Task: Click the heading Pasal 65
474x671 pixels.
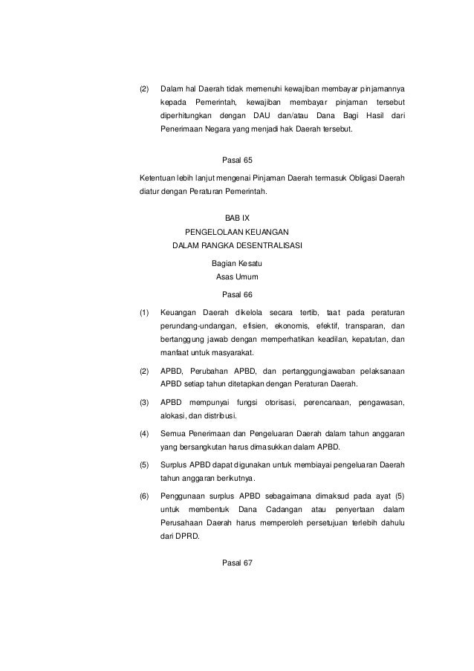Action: (238, 159)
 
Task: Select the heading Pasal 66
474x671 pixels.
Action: (238, 294)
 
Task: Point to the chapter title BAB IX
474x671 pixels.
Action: (238, 218)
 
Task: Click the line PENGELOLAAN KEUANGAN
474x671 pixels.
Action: (237, 231)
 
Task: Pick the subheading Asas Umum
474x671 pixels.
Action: (237, 277)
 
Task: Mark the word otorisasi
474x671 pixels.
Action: (276, 402)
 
